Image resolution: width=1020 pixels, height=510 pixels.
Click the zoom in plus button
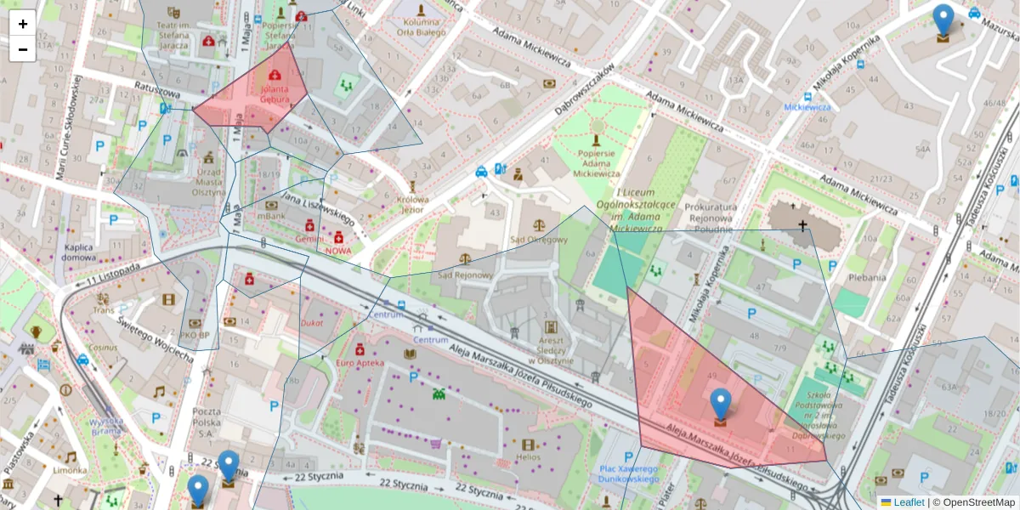[22, 24]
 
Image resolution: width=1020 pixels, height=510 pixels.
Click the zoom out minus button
[22, 49]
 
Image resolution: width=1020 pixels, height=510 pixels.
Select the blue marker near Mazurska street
[943, 21]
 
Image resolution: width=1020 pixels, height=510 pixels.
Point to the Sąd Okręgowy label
[537, 239]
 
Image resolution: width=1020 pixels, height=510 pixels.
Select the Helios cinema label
[528, 457]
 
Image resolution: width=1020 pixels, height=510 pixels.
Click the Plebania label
[868, 277]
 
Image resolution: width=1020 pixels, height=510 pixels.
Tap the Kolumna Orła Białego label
[421, 26]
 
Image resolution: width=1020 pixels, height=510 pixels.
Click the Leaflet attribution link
[909, 502]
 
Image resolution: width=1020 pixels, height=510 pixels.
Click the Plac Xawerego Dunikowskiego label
[629, 473]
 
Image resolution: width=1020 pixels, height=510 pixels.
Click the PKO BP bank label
[195, 335]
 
